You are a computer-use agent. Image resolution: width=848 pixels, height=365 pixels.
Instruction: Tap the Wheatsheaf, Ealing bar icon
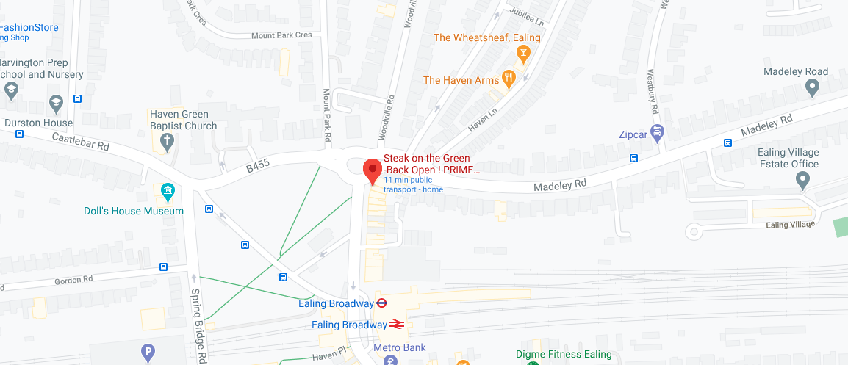522,53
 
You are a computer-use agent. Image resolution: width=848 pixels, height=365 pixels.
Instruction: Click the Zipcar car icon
658,134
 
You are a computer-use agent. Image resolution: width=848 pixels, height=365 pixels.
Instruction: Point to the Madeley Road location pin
812,88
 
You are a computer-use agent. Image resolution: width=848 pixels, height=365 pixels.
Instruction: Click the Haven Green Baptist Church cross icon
167,141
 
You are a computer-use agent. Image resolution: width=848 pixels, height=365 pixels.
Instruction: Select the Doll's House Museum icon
168,193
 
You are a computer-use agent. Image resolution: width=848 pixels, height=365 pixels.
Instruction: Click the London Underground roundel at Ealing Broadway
382,303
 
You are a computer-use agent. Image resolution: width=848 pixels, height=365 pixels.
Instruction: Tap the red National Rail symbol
397,324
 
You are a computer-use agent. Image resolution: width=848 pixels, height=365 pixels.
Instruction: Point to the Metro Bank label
399,347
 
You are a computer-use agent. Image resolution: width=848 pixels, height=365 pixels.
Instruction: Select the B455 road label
259,168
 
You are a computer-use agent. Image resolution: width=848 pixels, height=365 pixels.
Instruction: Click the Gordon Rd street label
74,280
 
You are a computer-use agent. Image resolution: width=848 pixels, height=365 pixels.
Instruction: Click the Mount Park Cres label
281,35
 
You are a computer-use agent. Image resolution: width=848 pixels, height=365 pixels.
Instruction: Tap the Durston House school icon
55,102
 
